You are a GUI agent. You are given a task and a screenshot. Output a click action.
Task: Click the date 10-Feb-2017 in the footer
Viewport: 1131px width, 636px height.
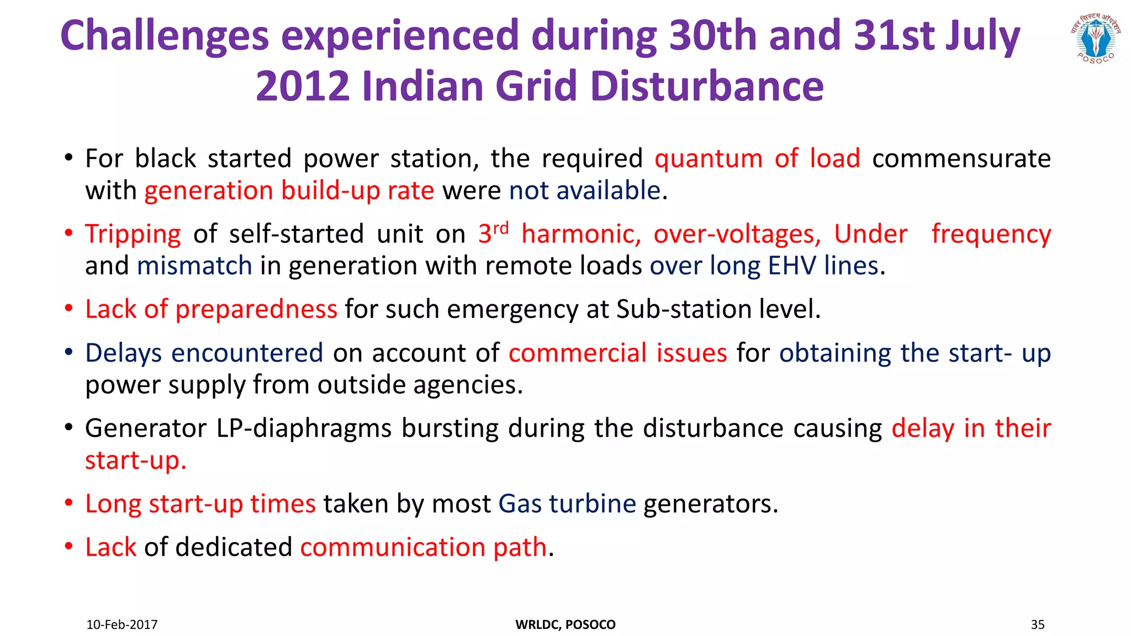(122, 624)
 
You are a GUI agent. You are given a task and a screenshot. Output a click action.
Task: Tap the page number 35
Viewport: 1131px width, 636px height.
(1038, 624)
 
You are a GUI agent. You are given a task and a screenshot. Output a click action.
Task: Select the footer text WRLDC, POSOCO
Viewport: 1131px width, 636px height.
(565, 624)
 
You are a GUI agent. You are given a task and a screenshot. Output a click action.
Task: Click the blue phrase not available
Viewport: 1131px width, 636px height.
(585, 191)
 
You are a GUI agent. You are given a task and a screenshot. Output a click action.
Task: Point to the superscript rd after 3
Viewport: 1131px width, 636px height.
(500, 227)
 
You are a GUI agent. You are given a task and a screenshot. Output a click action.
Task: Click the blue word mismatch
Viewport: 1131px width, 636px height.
(194, 266)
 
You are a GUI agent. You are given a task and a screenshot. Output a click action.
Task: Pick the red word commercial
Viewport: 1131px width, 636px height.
(578, 353)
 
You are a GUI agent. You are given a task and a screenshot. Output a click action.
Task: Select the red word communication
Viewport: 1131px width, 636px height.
(393, 548)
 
